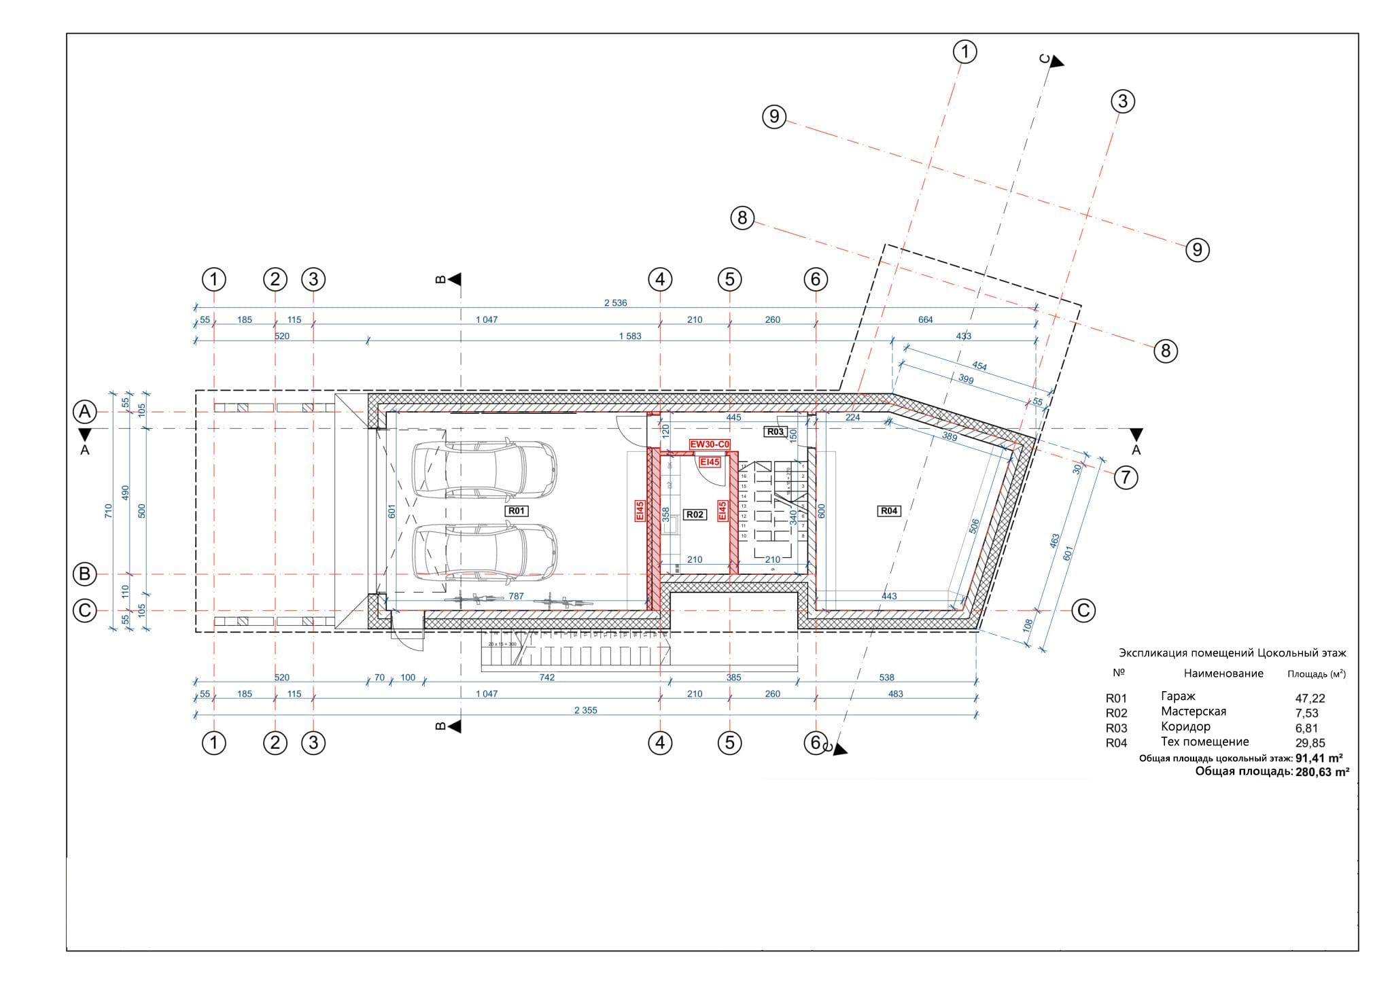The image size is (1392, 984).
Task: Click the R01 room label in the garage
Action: click(x=517, y=510)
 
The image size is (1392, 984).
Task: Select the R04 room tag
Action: click(x=889, y=510)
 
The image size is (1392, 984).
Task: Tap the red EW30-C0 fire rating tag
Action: click(x=710, y=444)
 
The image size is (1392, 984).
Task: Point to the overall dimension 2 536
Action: click(x=615, y=302)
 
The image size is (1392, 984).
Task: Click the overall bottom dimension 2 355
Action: click(x=585, y=710)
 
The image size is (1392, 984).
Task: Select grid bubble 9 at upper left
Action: click(x=774, y=117)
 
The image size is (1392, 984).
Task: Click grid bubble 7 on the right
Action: click(x=1126, y=478)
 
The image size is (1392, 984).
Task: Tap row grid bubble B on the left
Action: click(x=85, y=574)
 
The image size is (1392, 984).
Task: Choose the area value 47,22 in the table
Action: click(x=1310, y=698)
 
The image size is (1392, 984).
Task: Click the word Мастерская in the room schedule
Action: click(x=1194, y=711)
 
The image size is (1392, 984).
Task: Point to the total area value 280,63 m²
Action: click(x=1322, y=771)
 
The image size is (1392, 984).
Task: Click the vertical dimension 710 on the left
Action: click(x=109, y=511)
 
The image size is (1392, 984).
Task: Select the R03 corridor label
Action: click(x=776, y=432)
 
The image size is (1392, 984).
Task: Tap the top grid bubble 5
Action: click(x=729, y=279)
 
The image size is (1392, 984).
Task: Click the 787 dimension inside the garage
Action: click(x=516, y=596)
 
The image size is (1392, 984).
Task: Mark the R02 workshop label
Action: click(x=695, y=515)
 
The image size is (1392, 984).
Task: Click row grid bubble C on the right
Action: click(x=1083, y=610)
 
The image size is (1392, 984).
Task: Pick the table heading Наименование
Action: click(x=1223, y=673)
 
